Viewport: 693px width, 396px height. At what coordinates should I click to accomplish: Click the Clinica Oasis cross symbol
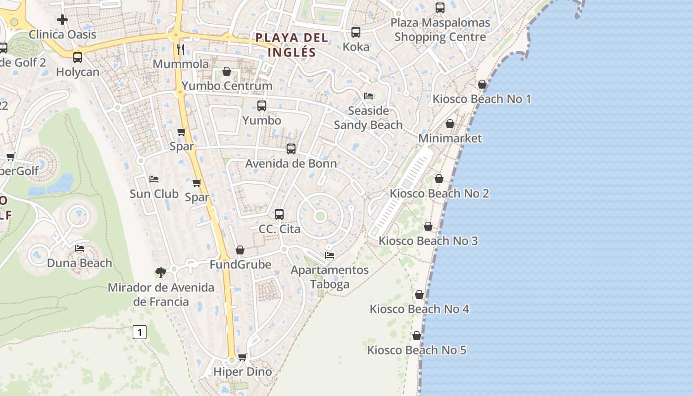(x=62, y=20)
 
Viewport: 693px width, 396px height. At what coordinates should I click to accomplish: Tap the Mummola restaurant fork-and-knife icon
(x=181, y=49)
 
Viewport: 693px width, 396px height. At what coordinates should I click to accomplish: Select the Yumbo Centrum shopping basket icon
(x=227, y=71)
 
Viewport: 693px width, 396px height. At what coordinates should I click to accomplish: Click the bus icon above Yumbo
(x=262, y=105)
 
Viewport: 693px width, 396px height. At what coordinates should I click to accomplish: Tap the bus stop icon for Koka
(x=356, y=32)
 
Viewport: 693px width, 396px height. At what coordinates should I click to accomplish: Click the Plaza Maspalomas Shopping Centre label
(x=440, y=30)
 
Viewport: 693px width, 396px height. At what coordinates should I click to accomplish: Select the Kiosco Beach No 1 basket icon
(x=482, y=84)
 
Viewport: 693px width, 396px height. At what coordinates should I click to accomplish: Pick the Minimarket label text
(x=450, y=138)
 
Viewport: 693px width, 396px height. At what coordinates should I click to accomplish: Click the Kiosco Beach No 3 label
(x=428, y=241)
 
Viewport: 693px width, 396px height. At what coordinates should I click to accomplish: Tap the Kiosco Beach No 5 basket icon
(x=417, y=336)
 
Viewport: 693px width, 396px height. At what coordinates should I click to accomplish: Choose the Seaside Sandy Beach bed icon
(x=368, y=96)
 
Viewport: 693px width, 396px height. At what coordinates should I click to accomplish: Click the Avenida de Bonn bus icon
(x=291, y=148)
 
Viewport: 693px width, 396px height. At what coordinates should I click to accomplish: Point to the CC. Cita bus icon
(x=279, y=214)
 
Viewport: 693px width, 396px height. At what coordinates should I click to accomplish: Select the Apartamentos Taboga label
(x=330, y=277)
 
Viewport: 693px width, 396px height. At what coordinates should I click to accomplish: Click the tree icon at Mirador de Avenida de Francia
(x=160, y=272)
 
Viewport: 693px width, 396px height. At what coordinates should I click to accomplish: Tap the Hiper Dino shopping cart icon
(x=243, y=357)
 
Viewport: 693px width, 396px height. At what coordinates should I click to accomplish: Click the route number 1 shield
(x=140, y=332)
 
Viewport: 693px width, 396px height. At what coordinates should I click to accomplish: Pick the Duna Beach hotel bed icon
(x=80, y=248)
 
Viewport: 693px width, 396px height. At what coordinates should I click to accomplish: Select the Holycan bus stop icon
(x=78, y=57)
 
